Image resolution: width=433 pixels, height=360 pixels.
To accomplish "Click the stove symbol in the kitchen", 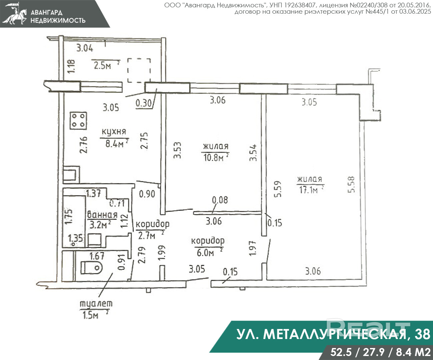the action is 78,121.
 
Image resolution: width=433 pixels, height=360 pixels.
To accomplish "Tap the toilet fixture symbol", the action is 91,268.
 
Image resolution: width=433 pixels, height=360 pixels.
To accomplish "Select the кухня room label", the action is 114,132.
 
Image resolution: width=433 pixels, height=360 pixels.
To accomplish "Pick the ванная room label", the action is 102,214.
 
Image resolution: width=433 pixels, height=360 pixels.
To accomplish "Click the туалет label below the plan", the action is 96,304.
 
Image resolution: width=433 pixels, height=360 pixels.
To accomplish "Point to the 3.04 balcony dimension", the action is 85,48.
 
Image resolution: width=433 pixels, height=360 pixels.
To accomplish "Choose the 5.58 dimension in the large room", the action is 351,185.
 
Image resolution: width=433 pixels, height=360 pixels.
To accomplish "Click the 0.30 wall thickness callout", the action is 144,103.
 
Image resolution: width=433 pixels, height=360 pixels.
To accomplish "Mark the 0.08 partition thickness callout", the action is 220,200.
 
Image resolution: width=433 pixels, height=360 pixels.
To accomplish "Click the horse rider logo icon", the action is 15,14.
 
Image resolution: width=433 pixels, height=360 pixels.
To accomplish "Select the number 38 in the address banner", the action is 423,334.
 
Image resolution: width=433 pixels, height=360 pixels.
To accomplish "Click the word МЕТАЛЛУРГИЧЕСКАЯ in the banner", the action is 334,334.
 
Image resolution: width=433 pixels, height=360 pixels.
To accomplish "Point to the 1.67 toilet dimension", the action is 97,256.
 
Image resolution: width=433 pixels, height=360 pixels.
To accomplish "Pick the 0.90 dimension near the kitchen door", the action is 147,194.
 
